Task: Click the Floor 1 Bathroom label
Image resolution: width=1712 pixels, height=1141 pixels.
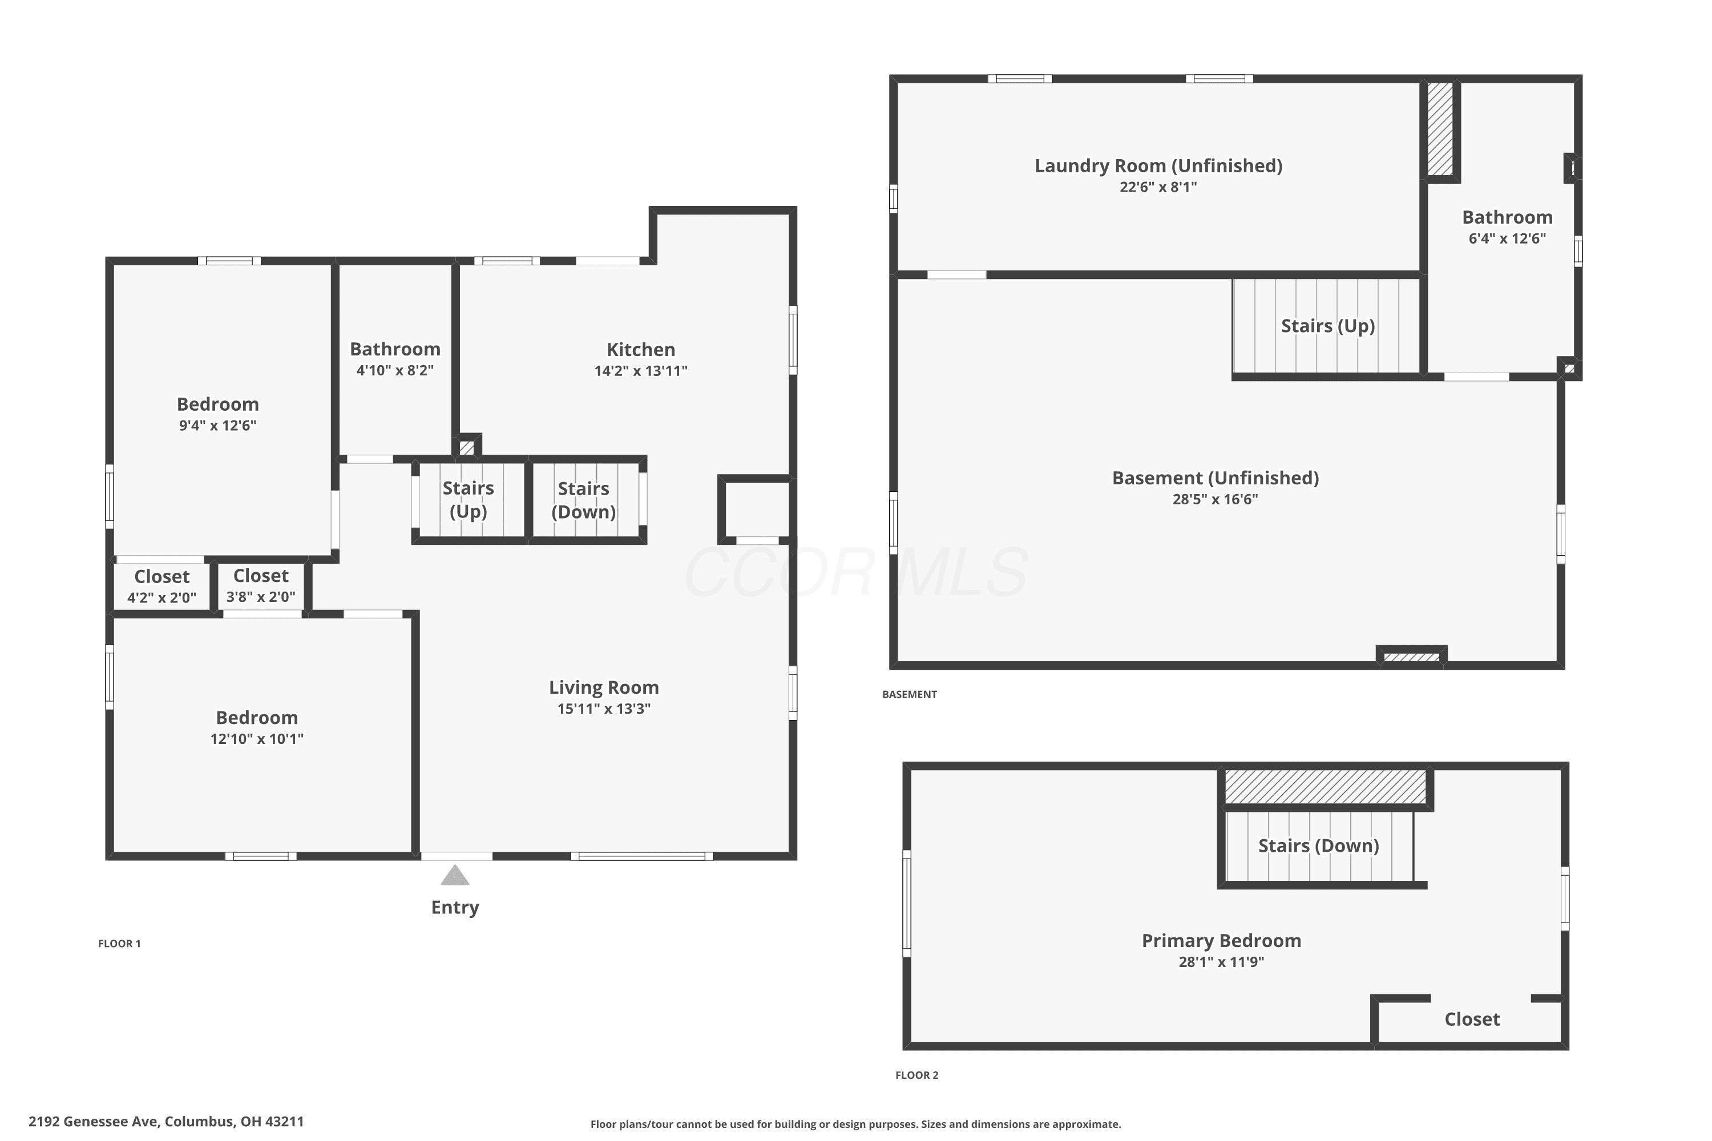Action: tap(395, 349)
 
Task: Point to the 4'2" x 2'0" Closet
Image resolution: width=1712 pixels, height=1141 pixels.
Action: tap(161, 586)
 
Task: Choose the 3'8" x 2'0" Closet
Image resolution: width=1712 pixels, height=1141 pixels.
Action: tap(261, 586)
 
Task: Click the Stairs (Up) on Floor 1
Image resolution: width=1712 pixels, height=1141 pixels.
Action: tap(468, 499)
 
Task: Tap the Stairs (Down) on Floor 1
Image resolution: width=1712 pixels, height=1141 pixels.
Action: tap(584, 500)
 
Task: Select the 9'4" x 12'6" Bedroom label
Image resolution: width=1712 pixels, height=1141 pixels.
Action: tap(217, 404)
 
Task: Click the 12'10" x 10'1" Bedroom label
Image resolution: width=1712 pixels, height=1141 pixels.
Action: tap(257, 718)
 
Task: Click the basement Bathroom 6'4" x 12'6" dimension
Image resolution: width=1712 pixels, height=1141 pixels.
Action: tap(1507, 238)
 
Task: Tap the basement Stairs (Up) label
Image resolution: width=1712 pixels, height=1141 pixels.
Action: tap(1328, 326)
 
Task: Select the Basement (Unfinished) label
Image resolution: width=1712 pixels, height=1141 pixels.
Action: tap(1215, 478)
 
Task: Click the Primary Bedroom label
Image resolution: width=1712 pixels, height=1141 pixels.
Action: tap(1221, 940)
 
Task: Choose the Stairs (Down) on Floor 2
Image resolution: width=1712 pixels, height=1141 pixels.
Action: tap(1318, 845)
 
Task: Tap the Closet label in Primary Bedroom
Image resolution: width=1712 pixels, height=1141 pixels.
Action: tap(1472, 1019)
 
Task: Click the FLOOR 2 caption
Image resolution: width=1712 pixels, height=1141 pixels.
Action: tap(916, 1075)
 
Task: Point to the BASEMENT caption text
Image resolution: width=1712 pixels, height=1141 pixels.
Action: tap(909, 694)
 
